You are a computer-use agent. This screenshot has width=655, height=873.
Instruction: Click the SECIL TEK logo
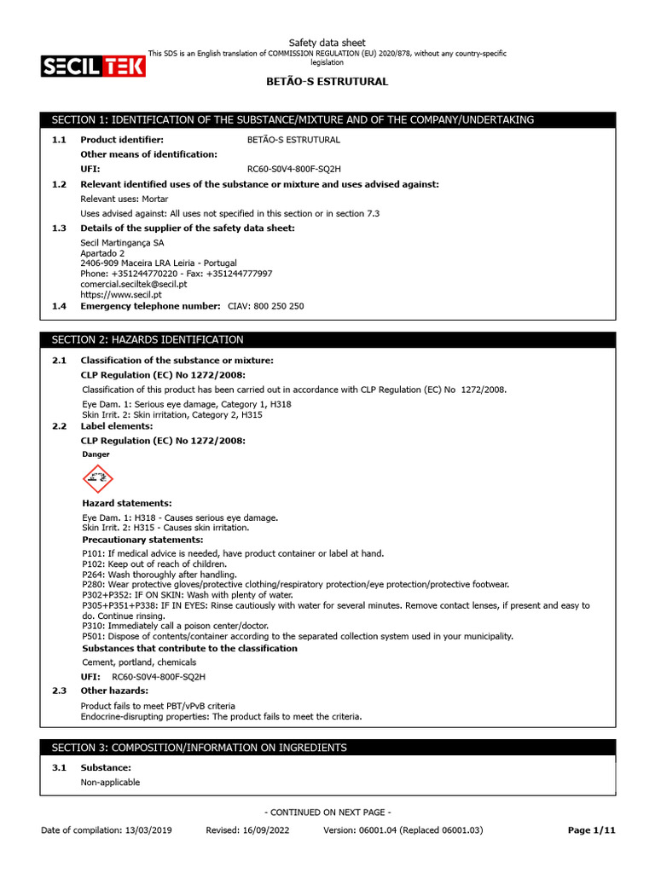[93, 66]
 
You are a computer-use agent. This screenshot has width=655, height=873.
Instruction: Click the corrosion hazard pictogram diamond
[98, 479]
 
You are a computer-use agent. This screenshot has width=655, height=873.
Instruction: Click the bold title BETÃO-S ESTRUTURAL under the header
[327, 82]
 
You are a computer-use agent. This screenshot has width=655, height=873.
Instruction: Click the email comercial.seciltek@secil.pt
[133, 284]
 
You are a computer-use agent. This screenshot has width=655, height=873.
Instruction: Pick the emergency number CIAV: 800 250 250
[265, 305]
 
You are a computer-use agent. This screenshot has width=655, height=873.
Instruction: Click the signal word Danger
[96, 454]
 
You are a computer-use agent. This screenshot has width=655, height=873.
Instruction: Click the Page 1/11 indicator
[591, 830]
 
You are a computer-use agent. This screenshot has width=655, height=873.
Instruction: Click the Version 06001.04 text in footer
[403, 830]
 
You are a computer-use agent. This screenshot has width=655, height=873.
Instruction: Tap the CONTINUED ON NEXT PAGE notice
[328, 812]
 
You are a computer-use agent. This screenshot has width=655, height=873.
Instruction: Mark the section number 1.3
[59, 228]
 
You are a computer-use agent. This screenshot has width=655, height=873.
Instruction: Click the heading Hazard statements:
[126, 503]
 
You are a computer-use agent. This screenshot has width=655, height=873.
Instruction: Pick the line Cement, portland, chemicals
[139, 662]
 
